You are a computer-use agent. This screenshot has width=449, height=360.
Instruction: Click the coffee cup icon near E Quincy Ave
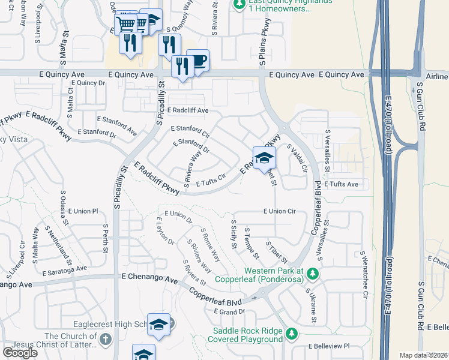coord(198,61)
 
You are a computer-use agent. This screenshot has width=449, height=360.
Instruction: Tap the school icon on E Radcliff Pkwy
coord(264,158)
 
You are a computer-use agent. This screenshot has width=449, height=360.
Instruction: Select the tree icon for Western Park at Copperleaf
coord(312,274)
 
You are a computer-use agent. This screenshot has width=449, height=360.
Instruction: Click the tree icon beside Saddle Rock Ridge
coord(292,333)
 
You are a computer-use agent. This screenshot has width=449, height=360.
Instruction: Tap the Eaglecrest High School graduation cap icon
coord(158,325)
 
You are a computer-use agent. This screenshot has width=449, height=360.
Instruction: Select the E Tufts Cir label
coord(209,179)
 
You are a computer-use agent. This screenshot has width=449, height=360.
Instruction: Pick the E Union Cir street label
coord(279,211)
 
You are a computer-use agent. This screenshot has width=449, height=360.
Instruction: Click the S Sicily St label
coord(234,230)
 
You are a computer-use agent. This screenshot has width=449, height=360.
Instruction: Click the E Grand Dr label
coord(230,311)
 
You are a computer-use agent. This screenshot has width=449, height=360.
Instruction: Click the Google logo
coord(20,352)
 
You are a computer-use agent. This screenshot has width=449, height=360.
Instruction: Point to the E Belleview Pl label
coord(328,346)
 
